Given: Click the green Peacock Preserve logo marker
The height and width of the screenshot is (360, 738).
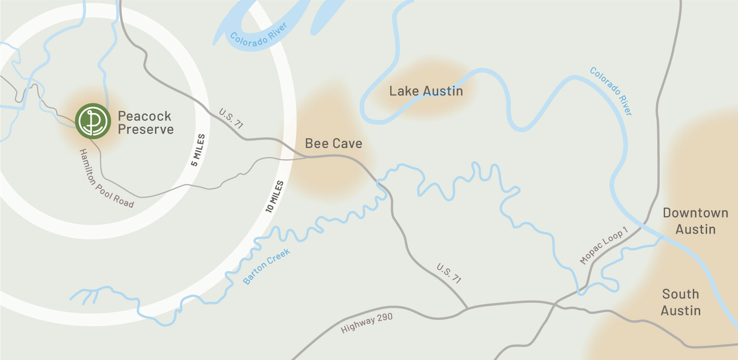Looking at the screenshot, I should tap(93, 121).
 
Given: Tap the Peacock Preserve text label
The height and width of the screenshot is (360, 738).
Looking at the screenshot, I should tap(145, 123).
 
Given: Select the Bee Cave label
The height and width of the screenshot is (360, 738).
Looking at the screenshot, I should tap(333, 144).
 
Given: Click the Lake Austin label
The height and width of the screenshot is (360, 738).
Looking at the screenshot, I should tap(426, 91).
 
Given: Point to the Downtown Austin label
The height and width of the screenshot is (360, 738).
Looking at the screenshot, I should tap(696, 221).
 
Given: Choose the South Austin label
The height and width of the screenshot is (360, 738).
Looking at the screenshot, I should tap(681, 302).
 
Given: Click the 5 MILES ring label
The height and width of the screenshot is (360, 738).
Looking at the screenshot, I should tap(198, 150).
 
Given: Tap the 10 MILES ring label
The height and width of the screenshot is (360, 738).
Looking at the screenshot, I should tap(274, 197).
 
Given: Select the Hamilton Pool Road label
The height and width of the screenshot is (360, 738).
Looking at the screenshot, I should tap(106, 178).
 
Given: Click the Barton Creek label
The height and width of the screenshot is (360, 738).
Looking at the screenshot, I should tap(267, 266).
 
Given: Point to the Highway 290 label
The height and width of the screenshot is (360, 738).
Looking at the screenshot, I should tap(367, 323).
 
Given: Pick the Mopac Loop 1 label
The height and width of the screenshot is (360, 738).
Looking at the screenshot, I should tap(604, 245).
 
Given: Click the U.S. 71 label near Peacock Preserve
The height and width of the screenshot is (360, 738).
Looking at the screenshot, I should tap(231, 118).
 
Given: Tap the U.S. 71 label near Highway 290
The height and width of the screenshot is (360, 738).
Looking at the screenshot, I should tap(449, 273).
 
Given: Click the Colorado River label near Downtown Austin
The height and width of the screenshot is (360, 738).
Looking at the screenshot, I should tap(611, 91).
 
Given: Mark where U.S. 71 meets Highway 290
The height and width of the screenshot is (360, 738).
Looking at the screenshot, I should tap(467, 308).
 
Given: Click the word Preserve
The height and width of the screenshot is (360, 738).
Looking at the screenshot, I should tap(146, 130).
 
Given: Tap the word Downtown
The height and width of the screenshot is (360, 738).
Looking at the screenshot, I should tap(696, 213).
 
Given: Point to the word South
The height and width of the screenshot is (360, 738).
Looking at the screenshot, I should tap(681, 294).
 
